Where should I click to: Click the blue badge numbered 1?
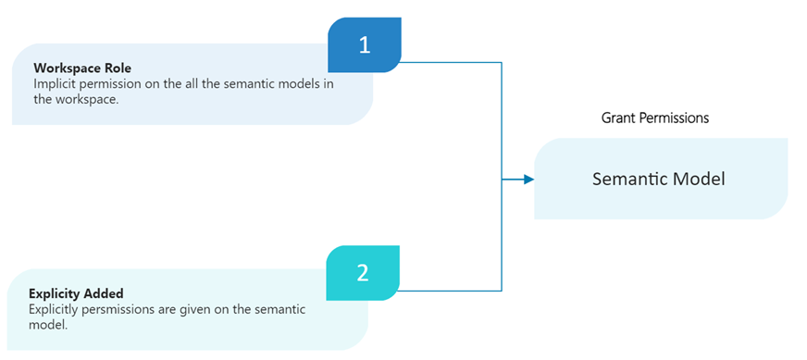tap(365, 45)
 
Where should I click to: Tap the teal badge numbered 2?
tap(362, 272)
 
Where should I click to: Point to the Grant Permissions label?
tap(655, 118)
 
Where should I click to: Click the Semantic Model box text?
tap(658, 179)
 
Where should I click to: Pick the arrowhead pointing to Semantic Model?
tap(528, 179)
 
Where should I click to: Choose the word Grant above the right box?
tap(619, 118)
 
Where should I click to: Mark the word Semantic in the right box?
tap(632, 179)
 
